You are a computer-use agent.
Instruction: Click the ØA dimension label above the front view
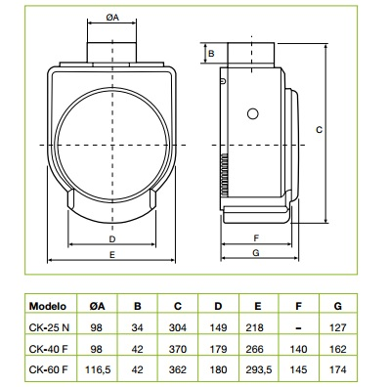pyautogui.click(x=112, y=18)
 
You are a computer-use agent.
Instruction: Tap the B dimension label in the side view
pyautogui.click(x=211, y=53)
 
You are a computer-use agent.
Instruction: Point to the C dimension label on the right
pyautogui.click(x=319, y=130)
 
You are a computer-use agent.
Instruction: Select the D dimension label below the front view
pyautogui.click(x=112, y=239)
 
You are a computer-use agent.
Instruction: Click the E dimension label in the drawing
pyautogui.click(x=112, y=254)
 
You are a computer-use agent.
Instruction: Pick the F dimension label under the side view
pyautogui.click(x=256, y=238)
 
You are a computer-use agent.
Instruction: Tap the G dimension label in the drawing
pyautogui.click(x=256, y=253)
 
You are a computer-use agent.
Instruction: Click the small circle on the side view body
pyautogui.click(x=253, y=113)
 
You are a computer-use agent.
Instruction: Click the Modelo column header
pyautogui.click(x=48, y=306)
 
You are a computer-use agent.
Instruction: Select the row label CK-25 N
pyautogui.click(x=49, y=327)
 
